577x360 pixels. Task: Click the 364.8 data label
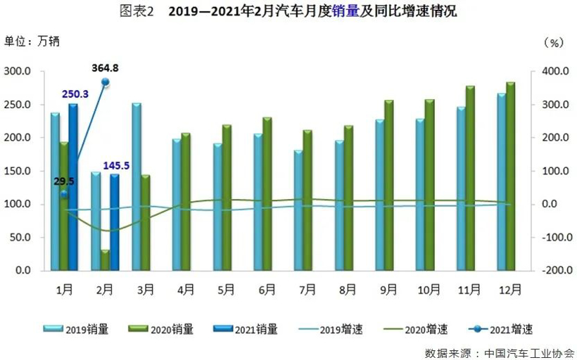pyautogui.click(x=105, y=68)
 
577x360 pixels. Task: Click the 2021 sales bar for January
pyautogui.click(x=73, y=187)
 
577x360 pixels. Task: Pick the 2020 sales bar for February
pyautogui.click(x=105, y=259)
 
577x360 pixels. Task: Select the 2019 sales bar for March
pyautogui.click(x=137, y=187)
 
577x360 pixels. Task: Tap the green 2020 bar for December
pyautogui.click(x=511, y=176)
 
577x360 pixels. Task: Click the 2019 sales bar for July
pyautogui.click(x=298, y=210)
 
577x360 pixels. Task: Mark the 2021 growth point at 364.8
pyautogui.click(x=106, y=82)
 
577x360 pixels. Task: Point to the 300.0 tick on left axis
pyautogui.click(x=18, y=71)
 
